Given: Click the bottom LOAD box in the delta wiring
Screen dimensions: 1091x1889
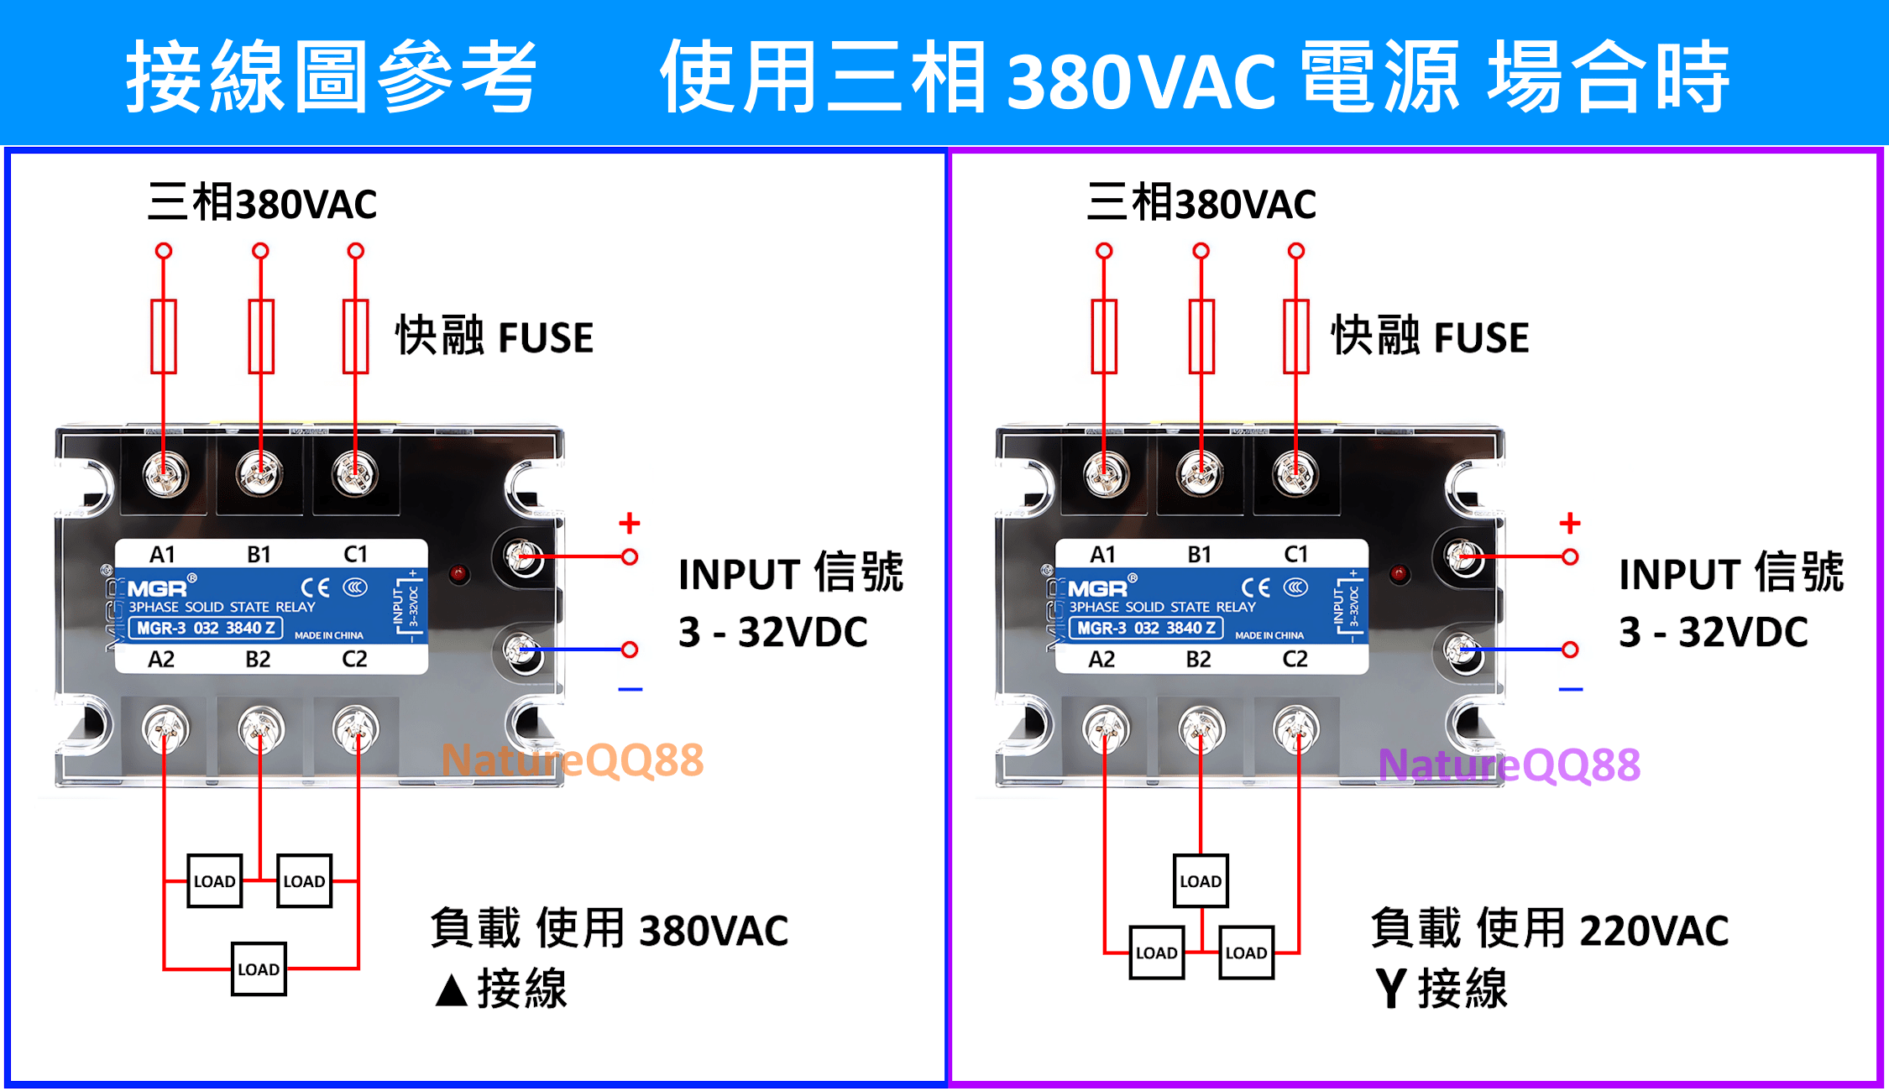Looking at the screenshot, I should point(259,969).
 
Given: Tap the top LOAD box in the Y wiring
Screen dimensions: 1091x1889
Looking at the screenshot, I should point(1200,881).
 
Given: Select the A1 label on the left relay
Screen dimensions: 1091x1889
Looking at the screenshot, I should point(162,555).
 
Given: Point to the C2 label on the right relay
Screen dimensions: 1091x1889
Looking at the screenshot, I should point(1295,659).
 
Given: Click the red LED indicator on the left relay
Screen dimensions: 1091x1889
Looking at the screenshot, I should point(458,574).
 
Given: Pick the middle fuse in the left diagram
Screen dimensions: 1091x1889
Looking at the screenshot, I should point(261,337).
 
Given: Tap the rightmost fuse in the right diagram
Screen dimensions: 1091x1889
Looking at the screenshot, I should point(1295,337).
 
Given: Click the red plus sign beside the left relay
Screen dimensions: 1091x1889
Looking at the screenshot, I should point(629,524).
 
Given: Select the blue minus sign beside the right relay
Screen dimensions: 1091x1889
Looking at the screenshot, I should point(1570,690).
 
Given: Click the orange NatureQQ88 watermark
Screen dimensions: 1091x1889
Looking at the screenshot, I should point(572,760).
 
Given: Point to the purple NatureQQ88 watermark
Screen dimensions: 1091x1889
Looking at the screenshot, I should point(1509,765).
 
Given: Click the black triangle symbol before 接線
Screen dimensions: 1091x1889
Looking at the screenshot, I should point(452,990).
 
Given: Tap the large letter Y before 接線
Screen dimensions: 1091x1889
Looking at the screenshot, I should point(1390,989).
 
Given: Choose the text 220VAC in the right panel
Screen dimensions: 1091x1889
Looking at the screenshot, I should point(1653,931).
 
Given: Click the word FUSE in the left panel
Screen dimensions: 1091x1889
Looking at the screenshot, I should point(546,337).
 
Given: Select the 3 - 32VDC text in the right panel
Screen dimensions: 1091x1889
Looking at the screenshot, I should point(1713,632).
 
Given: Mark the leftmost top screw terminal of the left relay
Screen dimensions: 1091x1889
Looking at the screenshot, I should point(165,475).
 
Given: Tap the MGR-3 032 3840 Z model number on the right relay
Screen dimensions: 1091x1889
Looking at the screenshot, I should point(1146,628).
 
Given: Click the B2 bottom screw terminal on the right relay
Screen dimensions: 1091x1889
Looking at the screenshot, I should point(1201,728).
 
